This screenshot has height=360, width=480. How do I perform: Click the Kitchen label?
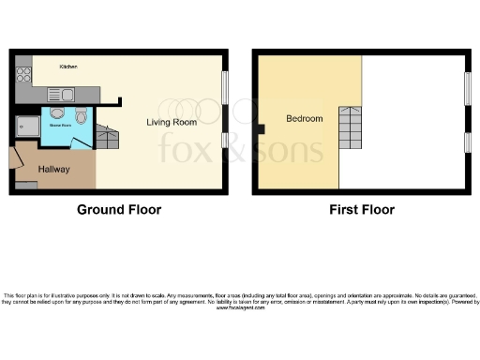click(x=68, y=67)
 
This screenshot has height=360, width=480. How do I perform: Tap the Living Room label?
click(x=171, y=122)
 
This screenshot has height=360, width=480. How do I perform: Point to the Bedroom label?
click(x=305, y=119)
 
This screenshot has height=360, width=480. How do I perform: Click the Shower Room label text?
click(x=61, y=121)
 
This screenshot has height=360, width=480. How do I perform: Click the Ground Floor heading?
click(x=118, y=210)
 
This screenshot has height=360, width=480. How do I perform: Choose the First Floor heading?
click(x=361, y=210)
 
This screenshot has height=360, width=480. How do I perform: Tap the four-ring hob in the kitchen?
click(x=23, y=73)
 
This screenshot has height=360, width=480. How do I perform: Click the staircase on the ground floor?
click(x=108, y=138)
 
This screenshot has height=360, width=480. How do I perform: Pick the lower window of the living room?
click(x=224, y=141)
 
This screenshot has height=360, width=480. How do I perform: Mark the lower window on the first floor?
click(x=468, y=142)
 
